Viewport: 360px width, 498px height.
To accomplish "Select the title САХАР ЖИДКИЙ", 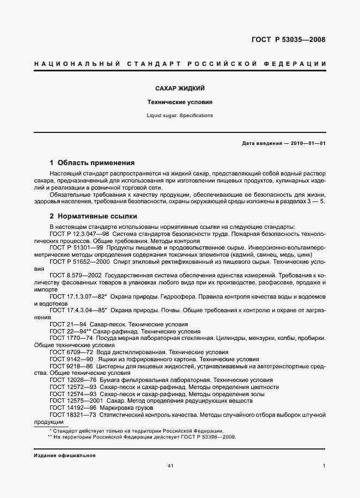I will (x=180, y=88).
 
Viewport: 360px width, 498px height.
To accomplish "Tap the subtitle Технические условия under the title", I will (x=180, y=102).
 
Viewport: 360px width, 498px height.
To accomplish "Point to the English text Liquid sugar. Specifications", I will (x=180, y=116).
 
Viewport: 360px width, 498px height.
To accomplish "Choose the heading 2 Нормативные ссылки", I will (x=93, y=216).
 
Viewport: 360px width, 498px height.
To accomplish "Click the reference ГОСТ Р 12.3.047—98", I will (x=79, y=233).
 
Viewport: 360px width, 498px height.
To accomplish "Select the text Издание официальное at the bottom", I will (x=65, y=455).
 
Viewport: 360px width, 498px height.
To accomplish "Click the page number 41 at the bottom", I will (x=170, y=466).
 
